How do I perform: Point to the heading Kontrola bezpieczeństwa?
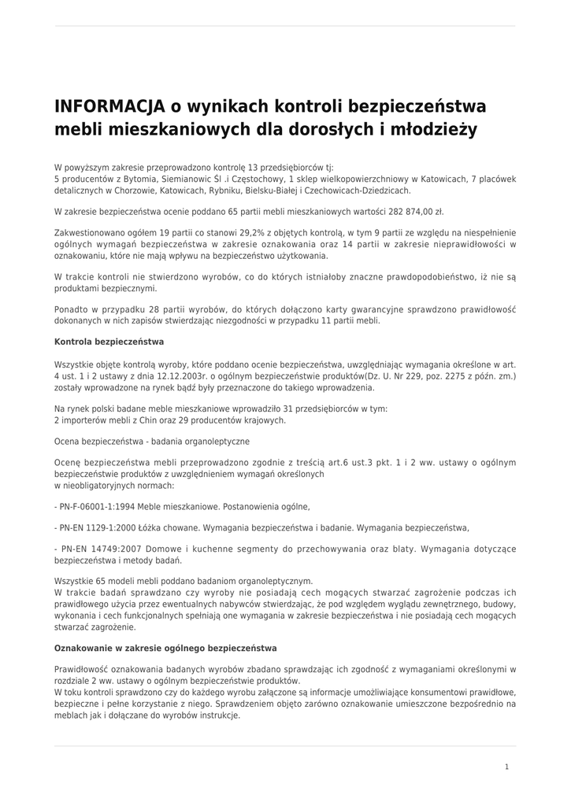(109, 342)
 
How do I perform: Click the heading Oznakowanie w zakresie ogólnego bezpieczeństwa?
(165, 648)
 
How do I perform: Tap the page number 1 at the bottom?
(507, 767)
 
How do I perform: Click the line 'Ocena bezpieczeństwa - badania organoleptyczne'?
(152, 441)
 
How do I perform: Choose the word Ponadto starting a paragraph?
(72, 309)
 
